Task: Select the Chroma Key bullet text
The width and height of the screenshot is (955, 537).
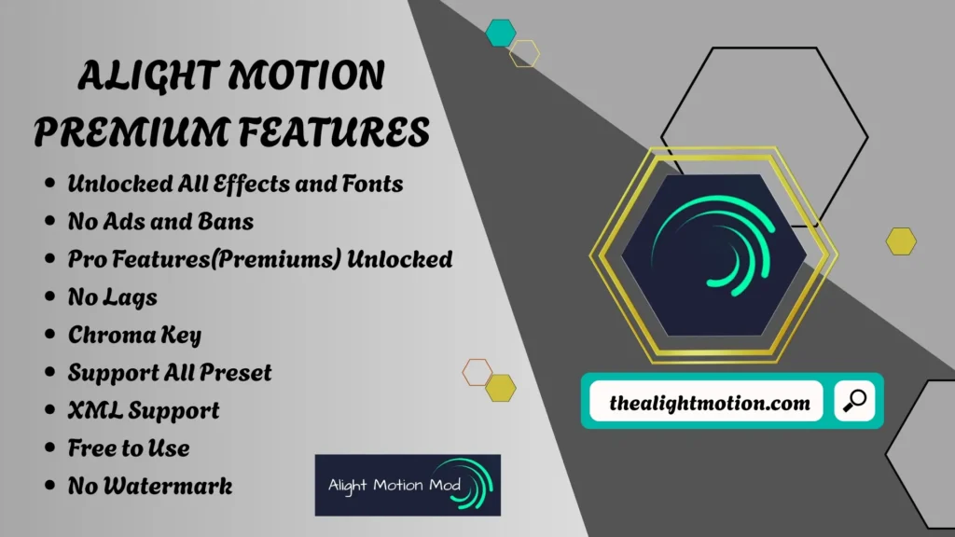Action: coord(134,335)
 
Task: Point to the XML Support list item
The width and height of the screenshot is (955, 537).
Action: coord(144,410)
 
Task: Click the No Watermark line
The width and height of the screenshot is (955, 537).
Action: coord(150,486)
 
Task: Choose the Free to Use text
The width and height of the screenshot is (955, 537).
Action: coord(129,448)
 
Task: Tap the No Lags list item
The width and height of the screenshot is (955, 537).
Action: coord(112,297)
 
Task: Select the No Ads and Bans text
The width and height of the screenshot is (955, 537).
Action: coord(160,222)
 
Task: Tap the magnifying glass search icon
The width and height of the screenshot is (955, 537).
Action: coord(853,403)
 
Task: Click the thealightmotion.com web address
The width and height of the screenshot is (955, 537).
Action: coord(709,404)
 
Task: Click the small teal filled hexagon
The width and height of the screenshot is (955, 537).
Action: coord(501,33)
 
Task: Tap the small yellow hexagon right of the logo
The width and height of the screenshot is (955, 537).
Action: coord(901,241)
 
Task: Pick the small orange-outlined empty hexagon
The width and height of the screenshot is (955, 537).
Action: coord(477,372)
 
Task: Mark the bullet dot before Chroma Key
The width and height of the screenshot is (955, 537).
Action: coord(49,336)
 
